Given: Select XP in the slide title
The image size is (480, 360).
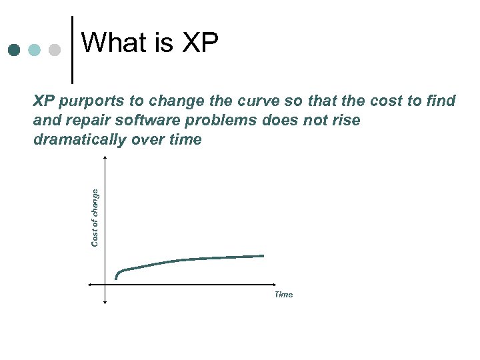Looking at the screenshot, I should (199, 43).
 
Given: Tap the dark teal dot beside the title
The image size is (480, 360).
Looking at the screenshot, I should (15, 51).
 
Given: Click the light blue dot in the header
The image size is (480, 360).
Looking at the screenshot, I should (35, 51).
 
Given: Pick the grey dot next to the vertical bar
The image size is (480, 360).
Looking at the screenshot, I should (55, 51).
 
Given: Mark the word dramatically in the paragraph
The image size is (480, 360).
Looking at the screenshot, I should (76, 140).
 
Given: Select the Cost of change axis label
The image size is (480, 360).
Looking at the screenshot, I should (95, 217).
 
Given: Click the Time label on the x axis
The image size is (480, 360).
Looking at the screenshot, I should (283, 295).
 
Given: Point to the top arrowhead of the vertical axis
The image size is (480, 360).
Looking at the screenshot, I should (105, 157).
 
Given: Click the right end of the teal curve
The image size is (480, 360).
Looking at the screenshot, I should (263, 255).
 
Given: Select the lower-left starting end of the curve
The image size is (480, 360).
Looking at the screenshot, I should (116, 277).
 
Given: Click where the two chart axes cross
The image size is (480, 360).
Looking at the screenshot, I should (105, 284).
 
